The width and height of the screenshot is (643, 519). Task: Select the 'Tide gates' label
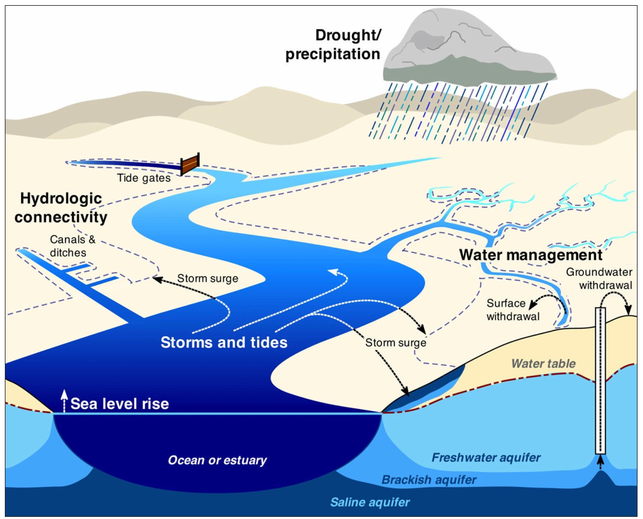pos(144,178)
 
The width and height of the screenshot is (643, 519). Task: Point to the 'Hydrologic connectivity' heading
pos(61,208)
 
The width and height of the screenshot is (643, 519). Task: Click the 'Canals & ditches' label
pos(72,246)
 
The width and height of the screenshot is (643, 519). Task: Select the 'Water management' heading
pos(530,255)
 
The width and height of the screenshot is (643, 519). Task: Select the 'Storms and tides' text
pos(224,343)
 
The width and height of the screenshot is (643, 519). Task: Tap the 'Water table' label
pos(543,364)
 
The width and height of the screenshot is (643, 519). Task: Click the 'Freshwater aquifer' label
pos(486,458)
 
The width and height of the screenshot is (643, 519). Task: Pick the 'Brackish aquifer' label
pos(429,480)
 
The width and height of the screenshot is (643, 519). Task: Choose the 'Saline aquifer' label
pos(370,502)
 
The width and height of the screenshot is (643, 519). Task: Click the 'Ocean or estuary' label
pos(217,460)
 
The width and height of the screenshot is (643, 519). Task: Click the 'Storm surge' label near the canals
pos(207,278)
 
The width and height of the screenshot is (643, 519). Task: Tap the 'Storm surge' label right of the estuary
pos(395,343)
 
